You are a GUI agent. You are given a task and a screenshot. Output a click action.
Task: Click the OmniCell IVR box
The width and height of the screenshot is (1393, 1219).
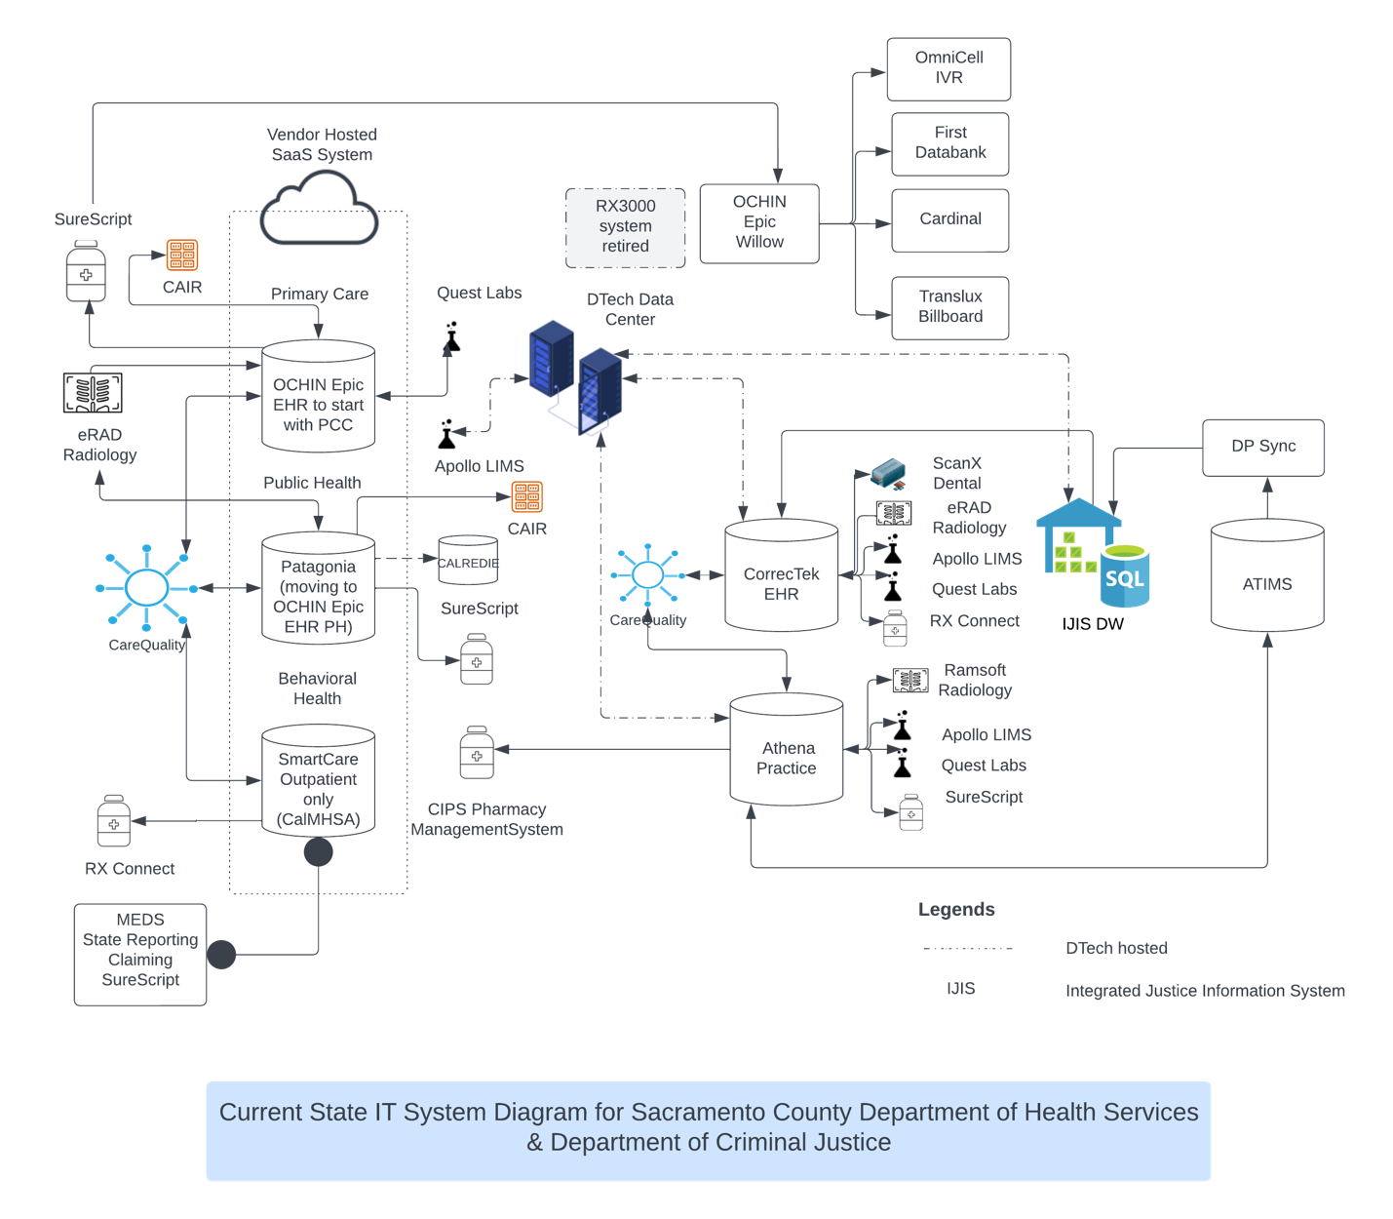click(x=948, y=68)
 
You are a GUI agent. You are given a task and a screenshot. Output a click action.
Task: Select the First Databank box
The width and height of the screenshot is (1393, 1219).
click(x=949, y=143)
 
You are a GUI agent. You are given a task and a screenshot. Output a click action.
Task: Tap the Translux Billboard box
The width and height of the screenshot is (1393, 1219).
click(x=949, y=307)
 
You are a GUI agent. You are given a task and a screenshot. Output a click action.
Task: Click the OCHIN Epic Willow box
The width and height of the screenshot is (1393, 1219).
click(x=758, y=223)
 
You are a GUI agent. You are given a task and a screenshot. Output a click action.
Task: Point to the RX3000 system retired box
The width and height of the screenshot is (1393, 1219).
click(x=625, y=227)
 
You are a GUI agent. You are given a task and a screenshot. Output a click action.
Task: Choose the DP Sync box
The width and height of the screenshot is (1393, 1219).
click(x=1262, y=447)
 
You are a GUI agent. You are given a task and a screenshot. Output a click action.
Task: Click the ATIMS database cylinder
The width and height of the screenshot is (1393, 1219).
click(x=1266, y=576)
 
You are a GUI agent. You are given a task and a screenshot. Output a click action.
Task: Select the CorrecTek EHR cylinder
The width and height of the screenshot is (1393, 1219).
click(x=781, y=576)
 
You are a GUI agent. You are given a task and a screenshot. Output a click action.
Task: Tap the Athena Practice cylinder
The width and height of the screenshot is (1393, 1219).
click(x=786, y=750)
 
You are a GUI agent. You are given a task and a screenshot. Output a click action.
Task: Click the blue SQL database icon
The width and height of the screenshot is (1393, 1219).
click(x=1125, y=576)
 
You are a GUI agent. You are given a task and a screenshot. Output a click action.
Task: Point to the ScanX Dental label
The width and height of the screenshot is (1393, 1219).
click(x=956, y=473)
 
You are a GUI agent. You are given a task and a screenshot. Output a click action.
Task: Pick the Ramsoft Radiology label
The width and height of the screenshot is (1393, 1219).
click(x=975, y=680)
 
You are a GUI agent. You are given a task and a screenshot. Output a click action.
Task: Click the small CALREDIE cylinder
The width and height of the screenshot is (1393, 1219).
click(x=468, y=561)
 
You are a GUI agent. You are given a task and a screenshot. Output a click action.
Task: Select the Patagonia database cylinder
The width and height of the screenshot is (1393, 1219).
click(x=318, y=589)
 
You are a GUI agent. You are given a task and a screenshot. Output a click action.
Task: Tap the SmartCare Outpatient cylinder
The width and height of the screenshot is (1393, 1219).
click(x=318, y=781)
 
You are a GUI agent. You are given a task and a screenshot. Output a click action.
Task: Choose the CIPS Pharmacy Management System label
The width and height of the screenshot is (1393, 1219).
click(x=486, y=820)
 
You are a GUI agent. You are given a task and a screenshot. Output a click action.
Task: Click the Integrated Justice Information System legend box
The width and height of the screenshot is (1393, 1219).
click(x=1204, y=993)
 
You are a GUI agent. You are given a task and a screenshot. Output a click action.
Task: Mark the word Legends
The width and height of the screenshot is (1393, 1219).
click(x=956, y=910)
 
